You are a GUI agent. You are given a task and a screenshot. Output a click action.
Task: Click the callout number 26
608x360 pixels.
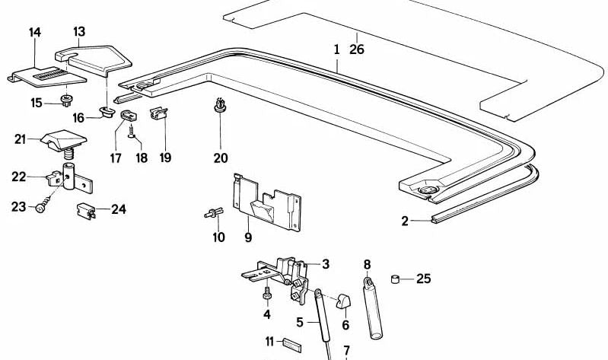[x=357, y=49]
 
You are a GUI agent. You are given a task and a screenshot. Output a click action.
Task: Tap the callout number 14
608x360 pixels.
[x=34, y=32]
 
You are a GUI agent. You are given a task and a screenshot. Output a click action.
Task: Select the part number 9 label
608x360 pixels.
[x=247, y=238]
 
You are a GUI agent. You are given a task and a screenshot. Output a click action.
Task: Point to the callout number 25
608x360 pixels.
[x=423, y=279]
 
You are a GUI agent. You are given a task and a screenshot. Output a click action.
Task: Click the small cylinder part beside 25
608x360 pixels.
[x=396, y=279]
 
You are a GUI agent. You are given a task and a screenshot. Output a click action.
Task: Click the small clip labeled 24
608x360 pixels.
[x=86, y=210]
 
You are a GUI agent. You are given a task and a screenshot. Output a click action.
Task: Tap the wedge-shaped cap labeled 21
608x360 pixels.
[x=63, y=140]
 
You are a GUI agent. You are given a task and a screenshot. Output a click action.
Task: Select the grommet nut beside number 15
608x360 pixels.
[x=65, y=101]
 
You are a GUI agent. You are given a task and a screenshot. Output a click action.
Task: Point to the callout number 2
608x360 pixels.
[x=406, y=221]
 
